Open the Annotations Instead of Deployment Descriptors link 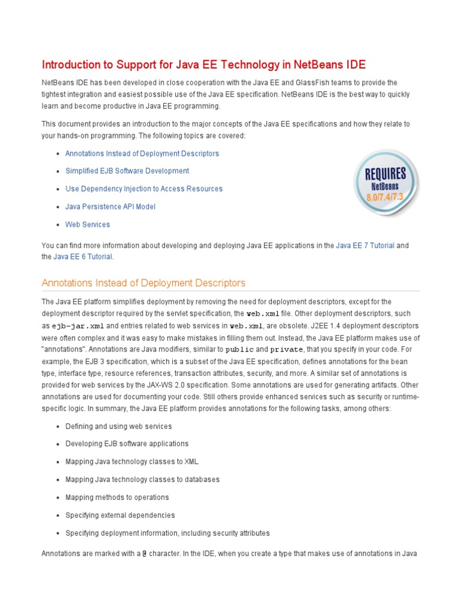click(142, 153)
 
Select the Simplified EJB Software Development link click(127, 171)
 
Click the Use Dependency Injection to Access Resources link click(143, 189)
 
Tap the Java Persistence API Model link click(110, 206)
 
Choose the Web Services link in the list click(87, 224)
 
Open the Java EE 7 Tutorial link click(365, 245)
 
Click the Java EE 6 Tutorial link click(82, 257)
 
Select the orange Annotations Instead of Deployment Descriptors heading click(143, 283)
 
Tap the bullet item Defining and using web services click(118, 426)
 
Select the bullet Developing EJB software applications click(127, 443)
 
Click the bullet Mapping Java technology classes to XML click(131, 461)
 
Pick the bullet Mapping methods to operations click(117, 497)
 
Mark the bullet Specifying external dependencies click(120, 515)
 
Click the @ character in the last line click(144, 554)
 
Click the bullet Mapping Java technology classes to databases click(142, 479)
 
